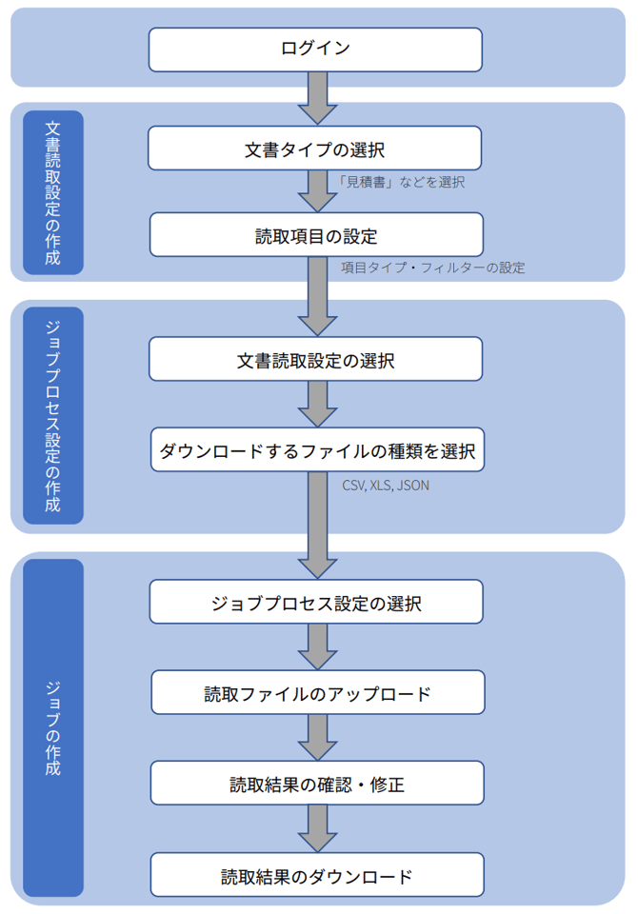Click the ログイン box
[x=316, y=49]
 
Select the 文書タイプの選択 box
[x=314, y=149]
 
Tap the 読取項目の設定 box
[x=316, y=235]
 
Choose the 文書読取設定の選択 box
[x=316, y=361]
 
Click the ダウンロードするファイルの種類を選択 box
[x=317, y=449]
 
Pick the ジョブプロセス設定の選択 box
[x=316, y=603]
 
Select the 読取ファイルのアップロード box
[x=317, y=692]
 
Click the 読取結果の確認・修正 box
[x=317, y=785]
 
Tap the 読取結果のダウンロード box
[x=317, y=875]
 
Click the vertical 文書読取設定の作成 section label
[x=53, y=191]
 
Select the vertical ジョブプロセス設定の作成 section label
[x=53, y=415]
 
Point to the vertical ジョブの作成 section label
[x=53, y=727]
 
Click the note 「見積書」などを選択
[x=402, y=182]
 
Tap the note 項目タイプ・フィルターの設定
[x=433, y=268]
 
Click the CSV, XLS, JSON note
[x=386, y=485]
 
